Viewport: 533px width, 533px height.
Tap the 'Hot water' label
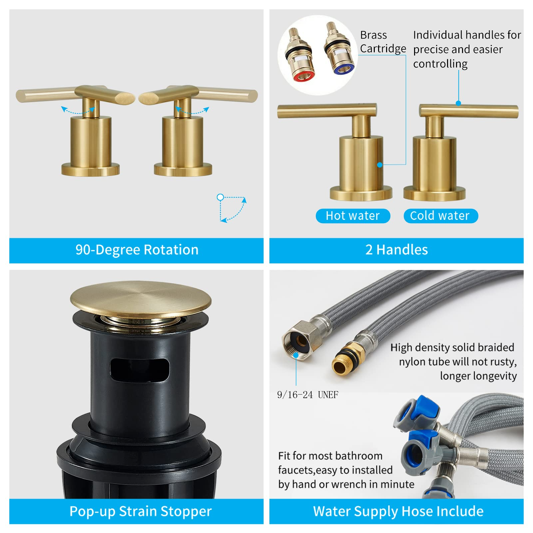353,216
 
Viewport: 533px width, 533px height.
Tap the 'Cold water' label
440,216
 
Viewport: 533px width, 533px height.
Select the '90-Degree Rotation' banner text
137,250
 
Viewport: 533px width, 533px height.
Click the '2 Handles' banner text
396,250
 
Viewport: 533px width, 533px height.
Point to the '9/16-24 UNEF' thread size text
307,395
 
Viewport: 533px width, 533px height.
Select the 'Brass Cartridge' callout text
383,42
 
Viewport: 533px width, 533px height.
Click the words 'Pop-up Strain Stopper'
140,511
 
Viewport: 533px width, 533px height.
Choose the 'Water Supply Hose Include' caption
398,511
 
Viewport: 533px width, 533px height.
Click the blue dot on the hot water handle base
380,165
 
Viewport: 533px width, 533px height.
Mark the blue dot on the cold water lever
458,103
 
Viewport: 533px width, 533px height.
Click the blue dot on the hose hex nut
296,355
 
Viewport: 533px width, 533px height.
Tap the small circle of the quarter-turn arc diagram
220,197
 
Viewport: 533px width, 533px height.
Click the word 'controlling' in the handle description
440,64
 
